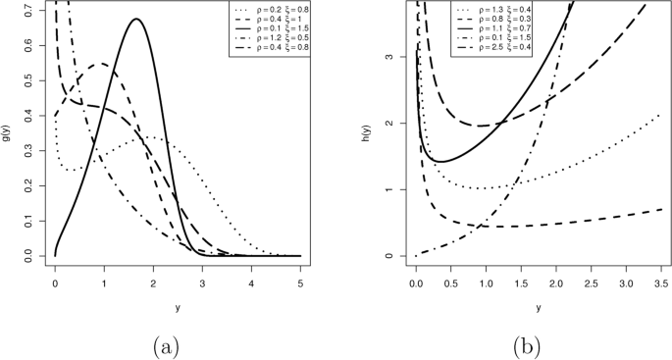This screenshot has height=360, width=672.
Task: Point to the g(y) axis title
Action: (9, 129)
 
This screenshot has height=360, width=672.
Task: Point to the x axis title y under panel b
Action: (537, 306)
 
